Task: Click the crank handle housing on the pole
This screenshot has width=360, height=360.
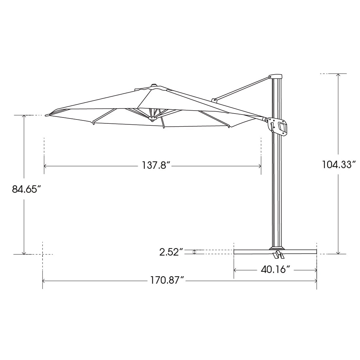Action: (x=279, y=126)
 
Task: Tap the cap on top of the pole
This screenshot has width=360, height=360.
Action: (x=275, y=77)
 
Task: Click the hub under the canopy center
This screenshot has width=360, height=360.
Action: (x=152, y=118)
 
